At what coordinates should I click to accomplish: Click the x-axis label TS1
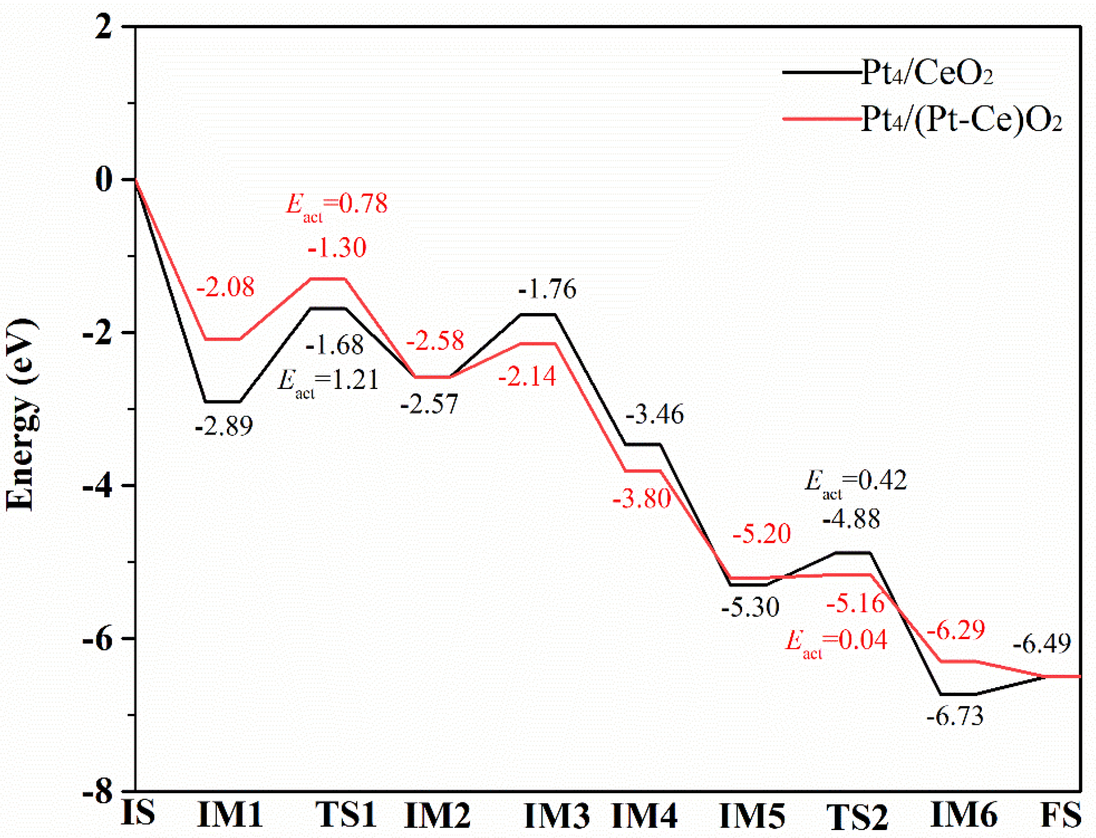pyautogui.click(x=346, y=815)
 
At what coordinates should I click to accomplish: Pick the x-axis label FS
pyautogui.click(x=1061, y=815)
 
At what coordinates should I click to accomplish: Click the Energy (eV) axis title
pyautogui.click(x=21, y=414)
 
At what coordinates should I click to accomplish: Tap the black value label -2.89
pyautogui.click(x=224, y=426)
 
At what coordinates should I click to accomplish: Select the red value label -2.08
pyautogui.click(x=225, y=287)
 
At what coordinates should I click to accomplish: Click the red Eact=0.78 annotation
pyautogui.click(x=337, y=205)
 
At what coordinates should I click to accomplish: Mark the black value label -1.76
pyautogui.click(x=547, y=289)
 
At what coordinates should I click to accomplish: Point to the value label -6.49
pyautogui.click(x=1041, y=644)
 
